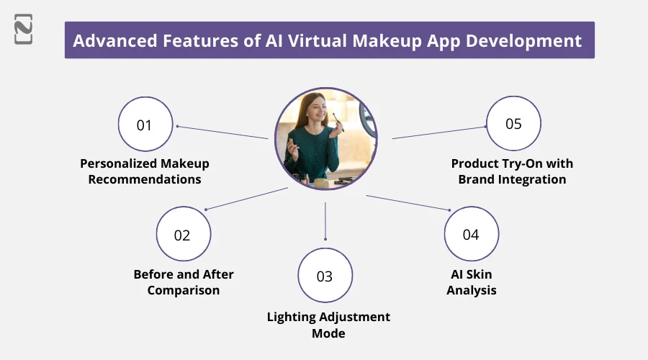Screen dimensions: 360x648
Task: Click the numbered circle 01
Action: (145, 125)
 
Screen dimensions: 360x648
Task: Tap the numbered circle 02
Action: (183, 235)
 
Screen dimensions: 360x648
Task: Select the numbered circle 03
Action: (325, 276)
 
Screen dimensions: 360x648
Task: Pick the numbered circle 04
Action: (471, 235)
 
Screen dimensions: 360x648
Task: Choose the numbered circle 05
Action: (513, 124)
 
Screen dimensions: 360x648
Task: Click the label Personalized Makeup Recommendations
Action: (145, 171)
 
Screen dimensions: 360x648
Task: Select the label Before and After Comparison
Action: (184, 282)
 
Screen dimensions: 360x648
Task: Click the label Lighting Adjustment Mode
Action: (328, 325)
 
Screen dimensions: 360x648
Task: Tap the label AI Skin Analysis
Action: (471, 282)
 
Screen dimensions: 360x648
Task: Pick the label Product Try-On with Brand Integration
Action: (512, 171)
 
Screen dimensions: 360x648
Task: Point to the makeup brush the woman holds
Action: (338, 120)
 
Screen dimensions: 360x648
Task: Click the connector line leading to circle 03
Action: (325, 220)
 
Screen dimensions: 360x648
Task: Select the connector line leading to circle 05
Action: (439, 132)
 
